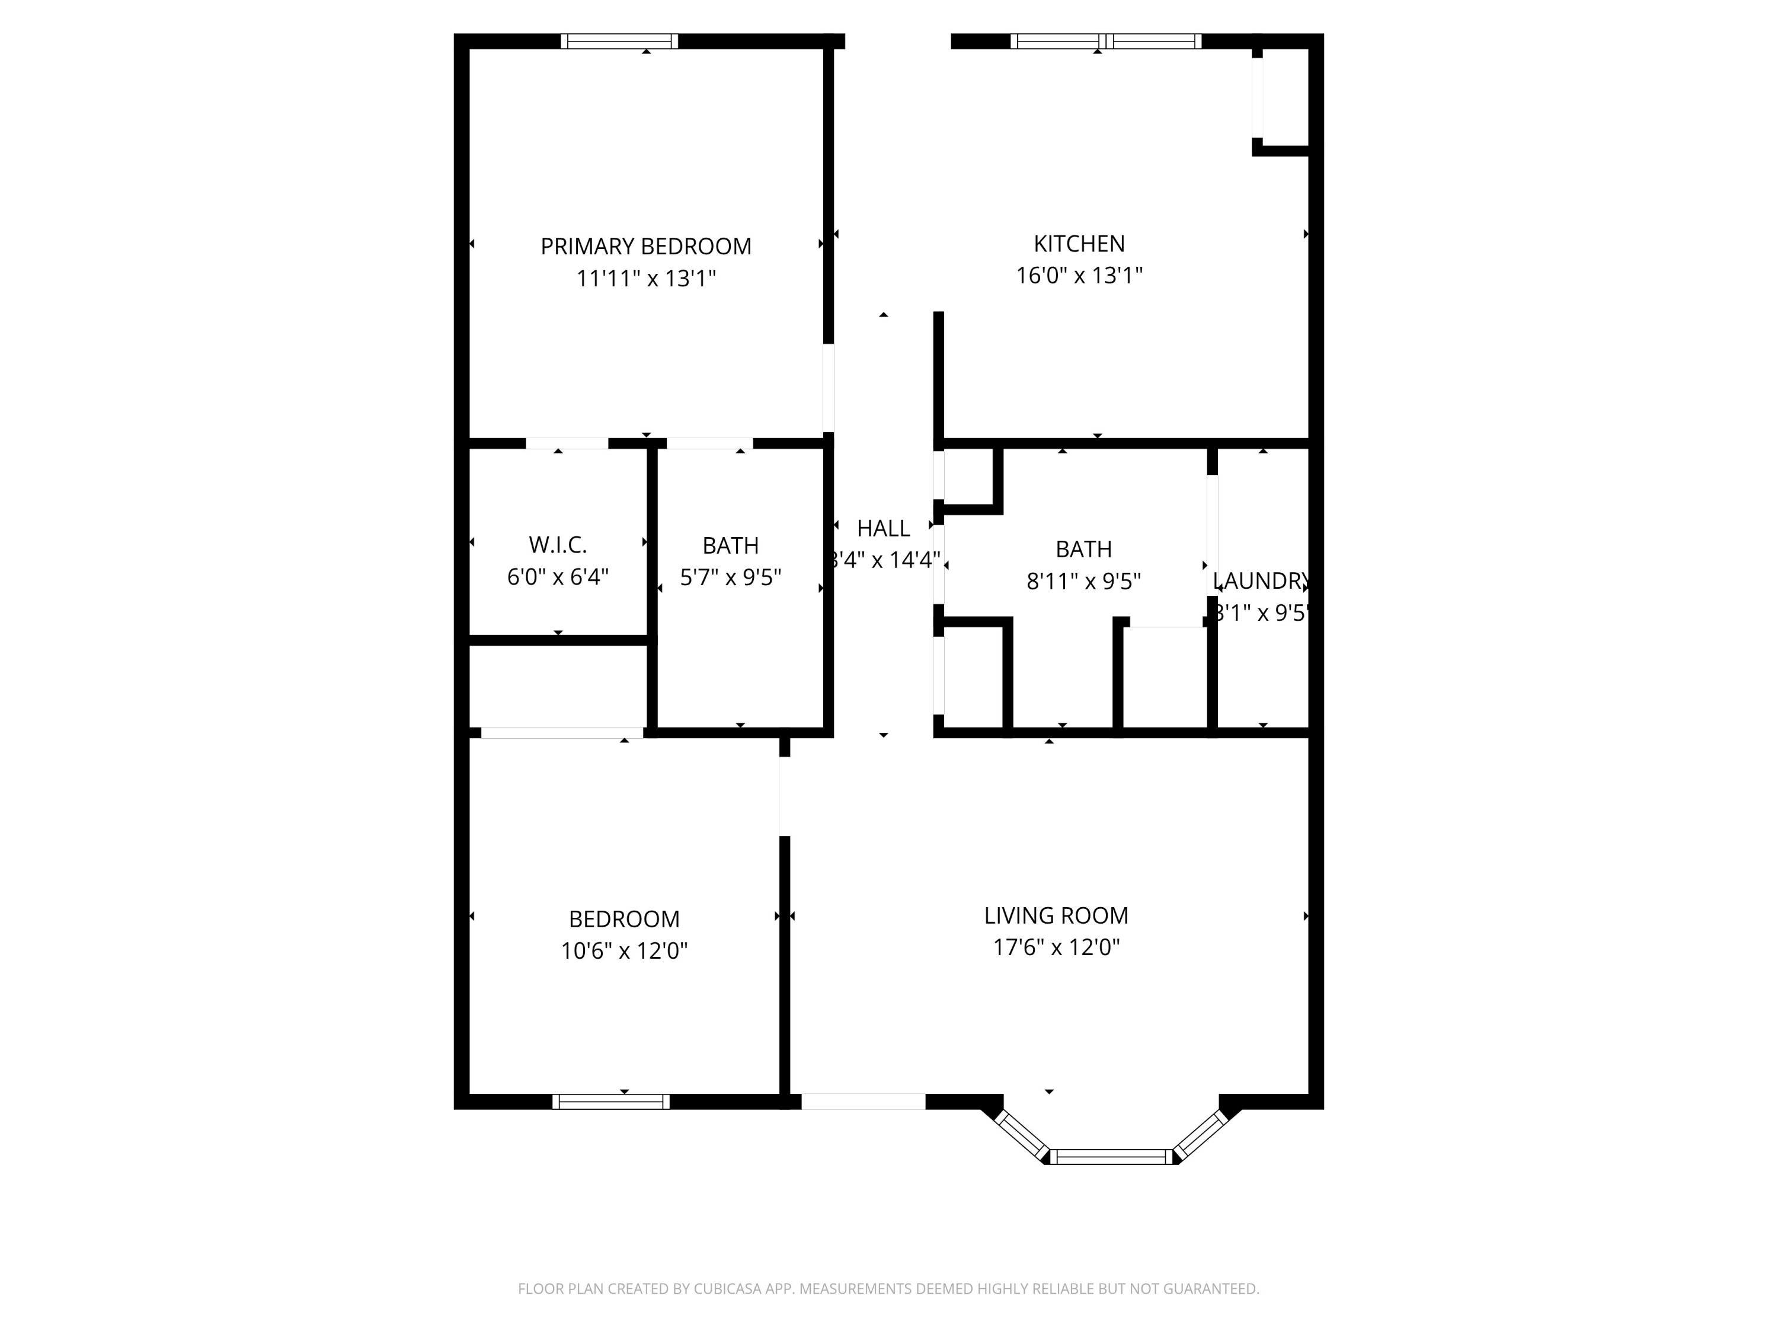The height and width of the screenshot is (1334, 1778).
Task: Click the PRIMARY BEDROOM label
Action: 645,246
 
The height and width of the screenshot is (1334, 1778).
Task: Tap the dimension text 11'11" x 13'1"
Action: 645,278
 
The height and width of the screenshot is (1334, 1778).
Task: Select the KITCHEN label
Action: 1079,244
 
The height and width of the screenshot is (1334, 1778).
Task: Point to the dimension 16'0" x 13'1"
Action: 1079,276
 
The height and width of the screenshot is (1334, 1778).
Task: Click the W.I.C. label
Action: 558,545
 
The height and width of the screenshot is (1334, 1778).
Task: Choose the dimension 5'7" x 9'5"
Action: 730,577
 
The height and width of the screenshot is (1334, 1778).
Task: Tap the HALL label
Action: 884,528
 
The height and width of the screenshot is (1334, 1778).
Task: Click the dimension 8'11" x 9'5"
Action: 1083,580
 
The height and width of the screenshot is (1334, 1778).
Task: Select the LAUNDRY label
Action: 1261,580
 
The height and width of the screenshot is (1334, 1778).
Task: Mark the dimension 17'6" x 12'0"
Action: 1056,947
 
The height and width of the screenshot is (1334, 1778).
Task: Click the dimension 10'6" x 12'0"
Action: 623,950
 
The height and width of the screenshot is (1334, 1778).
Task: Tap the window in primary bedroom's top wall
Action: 619,41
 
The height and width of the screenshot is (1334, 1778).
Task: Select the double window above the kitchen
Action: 1105,41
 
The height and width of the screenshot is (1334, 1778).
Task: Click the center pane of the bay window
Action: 1112,1156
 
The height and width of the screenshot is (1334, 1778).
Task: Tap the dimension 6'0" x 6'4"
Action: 558,577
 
